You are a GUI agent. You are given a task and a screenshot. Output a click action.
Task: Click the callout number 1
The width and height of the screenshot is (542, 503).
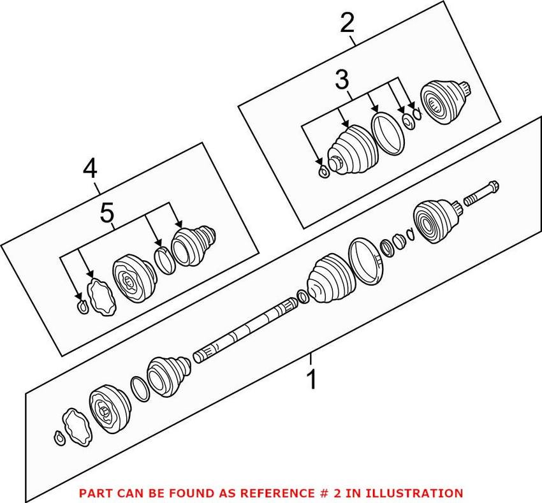click(312, 380)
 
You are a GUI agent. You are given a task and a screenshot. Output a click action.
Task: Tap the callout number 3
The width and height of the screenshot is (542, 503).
click(342, 80)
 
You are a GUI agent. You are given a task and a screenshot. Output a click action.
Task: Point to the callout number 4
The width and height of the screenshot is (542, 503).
click(90, 169)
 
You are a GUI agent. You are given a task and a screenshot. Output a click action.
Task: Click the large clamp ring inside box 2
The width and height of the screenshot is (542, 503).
click(389, 133)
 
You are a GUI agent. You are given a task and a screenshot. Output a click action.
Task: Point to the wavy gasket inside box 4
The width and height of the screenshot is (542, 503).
click(100, 296)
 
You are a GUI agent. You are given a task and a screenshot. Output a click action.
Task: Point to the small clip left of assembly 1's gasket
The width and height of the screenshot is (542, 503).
click(58, 437)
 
